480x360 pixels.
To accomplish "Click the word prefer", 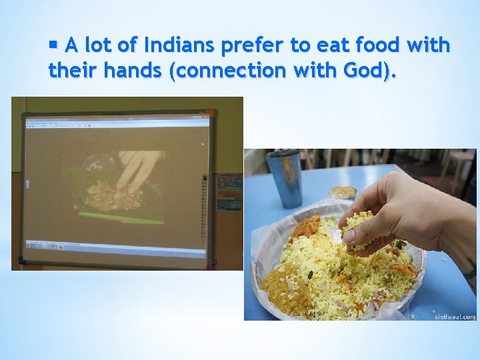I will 256,46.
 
